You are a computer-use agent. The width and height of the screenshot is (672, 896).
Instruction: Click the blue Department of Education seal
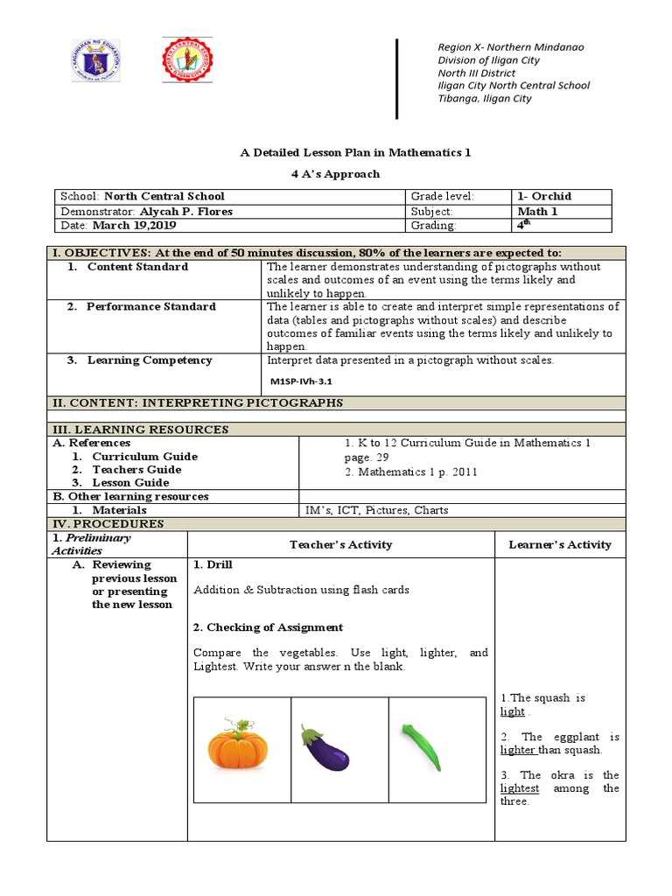pyautogui.click(x=95, y=61)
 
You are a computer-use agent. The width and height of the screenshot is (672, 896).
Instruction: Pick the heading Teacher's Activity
pyautogui.click(x=340, y=544)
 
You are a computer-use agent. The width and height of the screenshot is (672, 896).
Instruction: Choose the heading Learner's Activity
pyautogui.click(x=560, y=544)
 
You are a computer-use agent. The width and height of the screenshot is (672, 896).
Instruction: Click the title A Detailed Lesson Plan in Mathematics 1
pyautogui.click(x=355, y=152)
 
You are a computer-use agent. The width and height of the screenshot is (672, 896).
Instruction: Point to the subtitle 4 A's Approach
pyautogui.click(x=335, y=173)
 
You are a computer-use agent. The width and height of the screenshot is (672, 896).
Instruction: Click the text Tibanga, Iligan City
pyautogui.click(x=484, y=99)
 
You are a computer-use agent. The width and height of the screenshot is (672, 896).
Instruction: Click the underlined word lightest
pyautogui.click(x=519, y=788)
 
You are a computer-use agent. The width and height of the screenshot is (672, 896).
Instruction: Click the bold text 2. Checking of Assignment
pyautogui.click(x=268, y=627)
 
